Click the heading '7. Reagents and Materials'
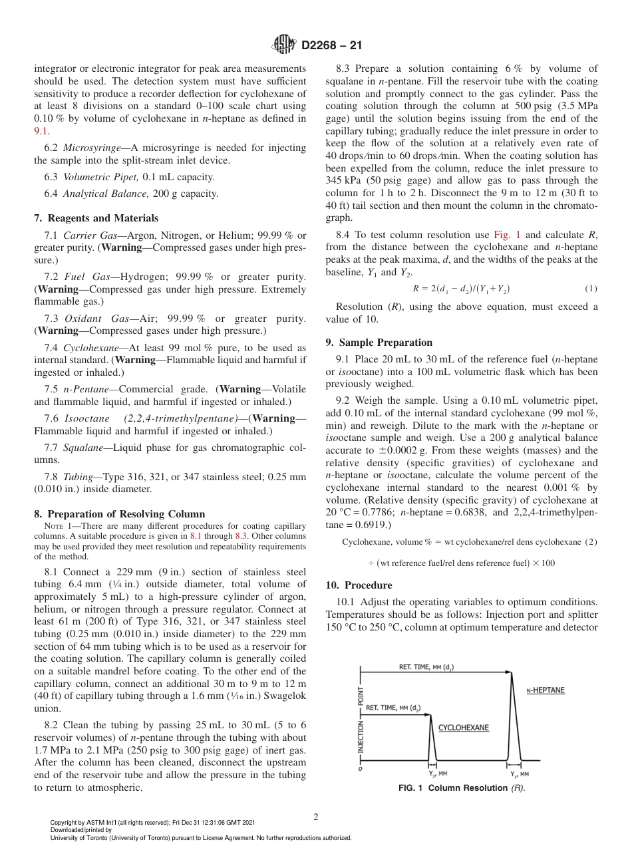96,218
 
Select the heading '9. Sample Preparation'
379,343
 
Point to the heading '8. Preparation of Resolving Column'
119,513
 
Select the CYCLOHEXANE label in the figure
464,728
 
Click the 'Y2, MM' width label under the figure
437,774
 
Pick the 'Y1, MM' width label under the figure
520,774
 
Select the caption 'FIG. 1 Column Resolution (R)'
461,788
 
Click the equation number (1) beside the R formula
591,289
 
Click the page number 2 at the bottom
316,817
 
